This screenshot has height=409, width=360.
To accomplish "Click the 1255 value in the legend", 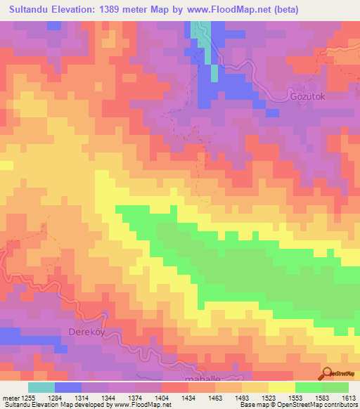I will (x=23, y=398).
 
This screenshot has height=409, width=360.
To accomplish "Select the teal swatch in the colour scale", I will (x=41, y=387).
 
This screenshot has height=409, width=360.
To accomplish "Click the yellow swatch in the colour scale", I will (x=281, y=387).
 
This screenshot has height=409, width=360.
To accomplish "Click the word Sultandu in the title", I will (x=32, y=10).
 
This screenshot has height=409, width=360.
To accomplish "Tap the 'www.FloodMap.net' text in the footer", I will (x=141, y=405).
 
